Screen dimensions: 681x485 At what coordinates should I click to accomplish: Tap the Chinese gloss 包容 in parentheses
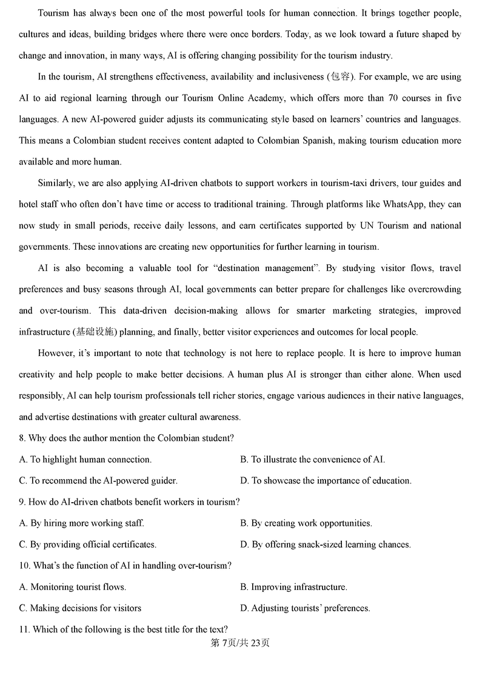336,77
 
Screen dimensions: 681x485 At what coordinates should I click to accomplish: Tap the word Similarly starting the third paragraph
56,183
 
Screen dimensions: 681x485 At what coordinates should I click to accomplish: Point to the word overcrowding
433,289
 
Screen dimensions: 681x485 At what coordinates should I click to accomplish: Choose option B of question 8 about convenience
313,459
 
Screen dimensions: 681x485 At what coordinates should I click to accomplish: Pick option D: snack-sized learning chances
326,544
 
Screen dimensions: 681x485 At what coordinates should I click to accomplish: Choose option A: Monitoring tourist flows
73,586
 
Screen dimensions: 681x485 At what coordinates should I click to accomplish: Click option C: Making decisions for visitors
80,608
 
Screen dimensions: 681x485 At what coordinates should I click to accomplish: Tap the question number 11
24,629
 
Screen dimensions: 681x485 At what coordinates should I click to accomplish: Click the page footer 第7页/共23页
240,643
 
